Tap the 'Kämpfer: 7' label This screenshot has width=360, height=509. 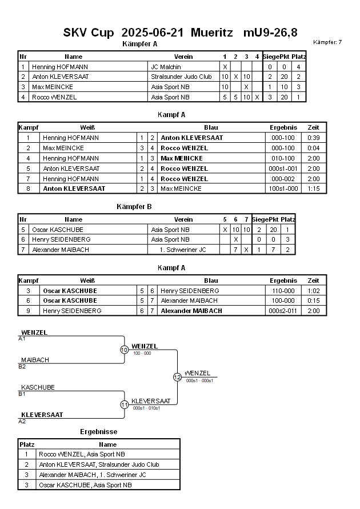point(327,42)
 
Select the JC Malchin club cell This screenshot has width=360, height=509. point(166,67)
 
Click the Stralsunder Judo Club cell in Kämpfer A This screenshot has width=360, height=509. point(181,77)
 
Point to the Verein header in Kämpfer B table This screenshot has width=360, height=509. point(183,219)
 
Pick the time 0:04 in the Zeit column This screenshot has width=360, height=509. point(313,148)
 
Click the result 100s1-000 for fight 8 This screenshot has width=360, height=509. point(283,189)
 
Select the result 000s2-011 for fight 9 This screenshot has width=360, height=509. point(283,311)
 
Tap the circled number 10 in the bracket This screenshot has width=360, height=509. point(124,350)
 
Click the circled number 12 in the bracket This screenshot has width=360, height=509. point(177,377)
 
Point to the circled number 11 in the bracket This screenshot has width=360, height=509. point(124,404)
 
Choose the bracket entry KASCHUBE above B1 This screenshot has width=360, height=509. point(38,387)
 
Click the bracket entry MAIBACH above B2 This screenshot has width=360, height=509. point(35,360)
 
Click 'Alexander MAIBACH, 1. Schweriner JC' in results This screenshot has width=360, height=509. point(93,475)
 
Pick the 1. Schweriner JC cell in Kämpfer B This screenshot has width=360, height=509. point(183,250)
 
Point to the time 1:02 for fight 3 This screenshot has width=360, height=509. point(313,291)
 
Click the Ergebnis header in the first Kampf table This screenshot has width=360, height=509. point(283,127)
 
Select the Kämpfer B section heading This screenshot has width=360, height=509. point(133,206)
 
